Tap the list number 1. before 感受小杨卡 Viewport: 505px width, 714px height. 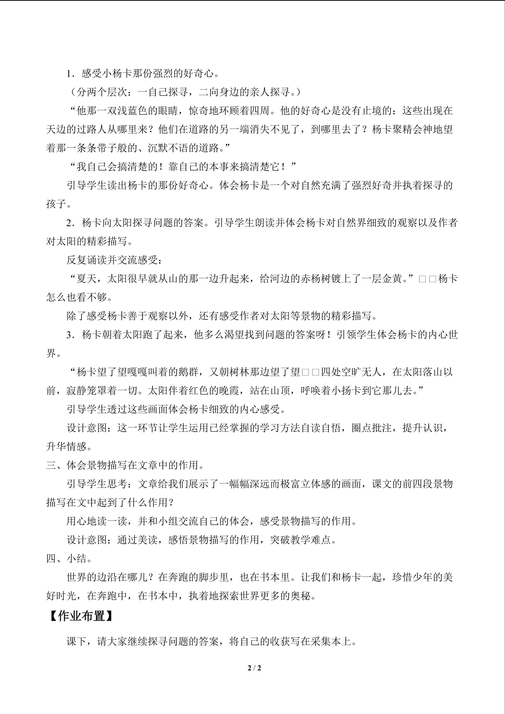tap(70, 74)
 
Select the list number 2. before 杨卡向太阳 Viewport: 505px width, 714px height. tap(70, 223)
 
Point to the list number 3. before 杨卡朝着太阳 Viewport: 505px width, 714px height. tap(70, 335)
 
